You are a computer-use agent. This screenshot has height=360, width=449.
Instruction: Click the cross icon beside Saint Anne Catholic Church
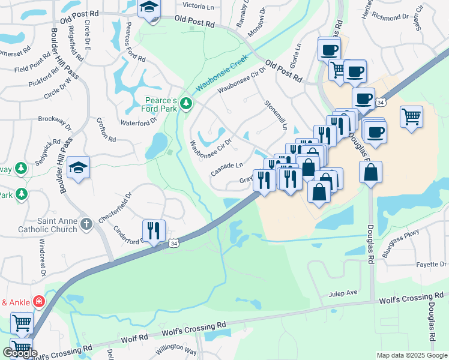[x=86, y=224]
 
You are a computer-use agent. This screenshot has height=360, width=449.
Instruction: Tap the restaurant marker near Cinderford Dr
[x=153, y=230]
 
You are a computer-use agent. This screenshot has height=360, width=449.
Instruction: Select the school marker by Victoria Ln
[x=149, y=10]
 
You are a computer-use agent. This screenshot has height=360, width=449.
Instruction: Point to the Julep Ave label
[x=343, y=293]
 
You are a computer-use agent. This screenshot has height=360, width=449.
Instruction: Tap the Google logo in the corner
[x=20, y=353]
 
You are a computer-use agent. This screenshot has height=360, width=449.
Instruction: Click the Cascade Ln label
[x=227, y=169]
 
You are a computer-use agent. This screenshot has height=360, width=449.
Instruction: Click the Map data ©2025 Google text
[x=411, y=355]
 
